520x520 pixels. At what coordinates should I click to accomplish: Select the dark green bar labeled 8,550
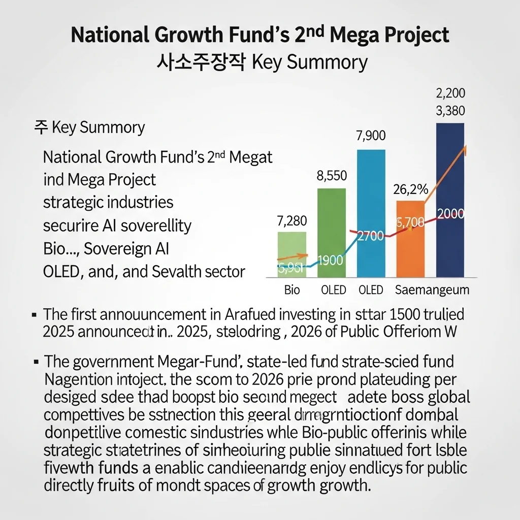(x=332, y=223)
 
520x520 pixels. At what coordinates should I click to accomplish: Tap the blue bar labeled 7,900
(x=371, y=203)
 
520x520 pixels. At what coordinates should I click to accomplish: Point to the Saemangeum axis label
(x=432, y=290)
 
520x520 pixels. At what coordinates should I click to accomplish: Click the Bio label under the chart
(x=292, y=290)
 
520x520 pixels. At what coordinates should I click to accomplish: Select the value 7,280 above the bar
(x=291, y=221)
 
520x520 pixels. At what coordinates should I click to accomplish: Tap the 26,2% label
(x=410, y=189)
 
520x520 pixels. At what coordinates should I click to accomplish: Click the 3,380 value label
(x=450, y=111)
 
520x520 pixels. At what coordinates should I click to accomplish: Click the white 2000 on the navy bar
(x=450, y=214)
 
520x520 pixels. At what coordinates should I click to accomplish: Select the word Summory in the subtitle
(x=321, y=62)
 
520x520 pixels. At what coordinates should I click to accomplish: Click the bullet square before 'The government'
(x=36, y=362)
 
